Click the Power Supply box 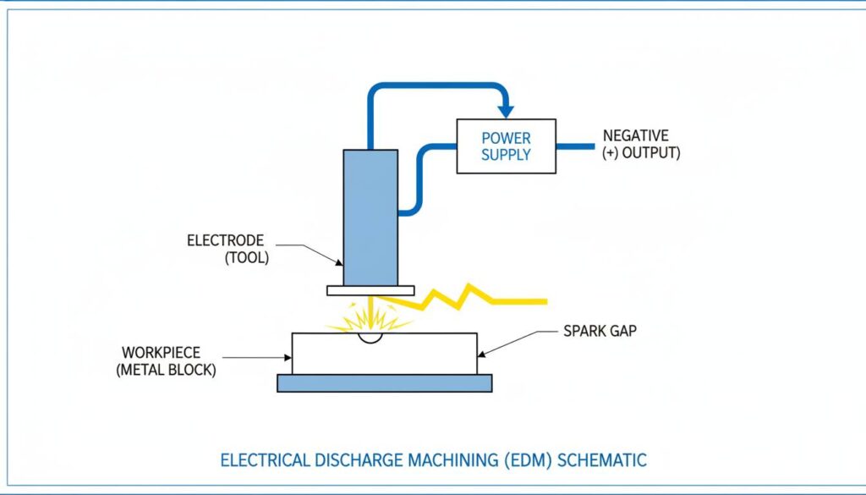(506, 146)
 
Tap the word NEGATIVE (635, 135)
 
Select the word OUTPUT (651, 154)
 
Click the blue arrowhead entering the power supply (506, 110)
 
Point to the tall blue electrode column (370, 217)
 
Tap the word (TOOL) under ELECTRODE (246, 258)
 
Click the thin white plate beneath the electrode (370, 290)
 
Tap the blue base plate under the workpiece (384, 383)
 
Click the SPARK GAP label (600, 331)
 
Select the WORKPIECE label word (161, 352)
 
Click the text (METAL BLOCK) (166, 370)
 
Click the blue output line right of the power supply (575, 146)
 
